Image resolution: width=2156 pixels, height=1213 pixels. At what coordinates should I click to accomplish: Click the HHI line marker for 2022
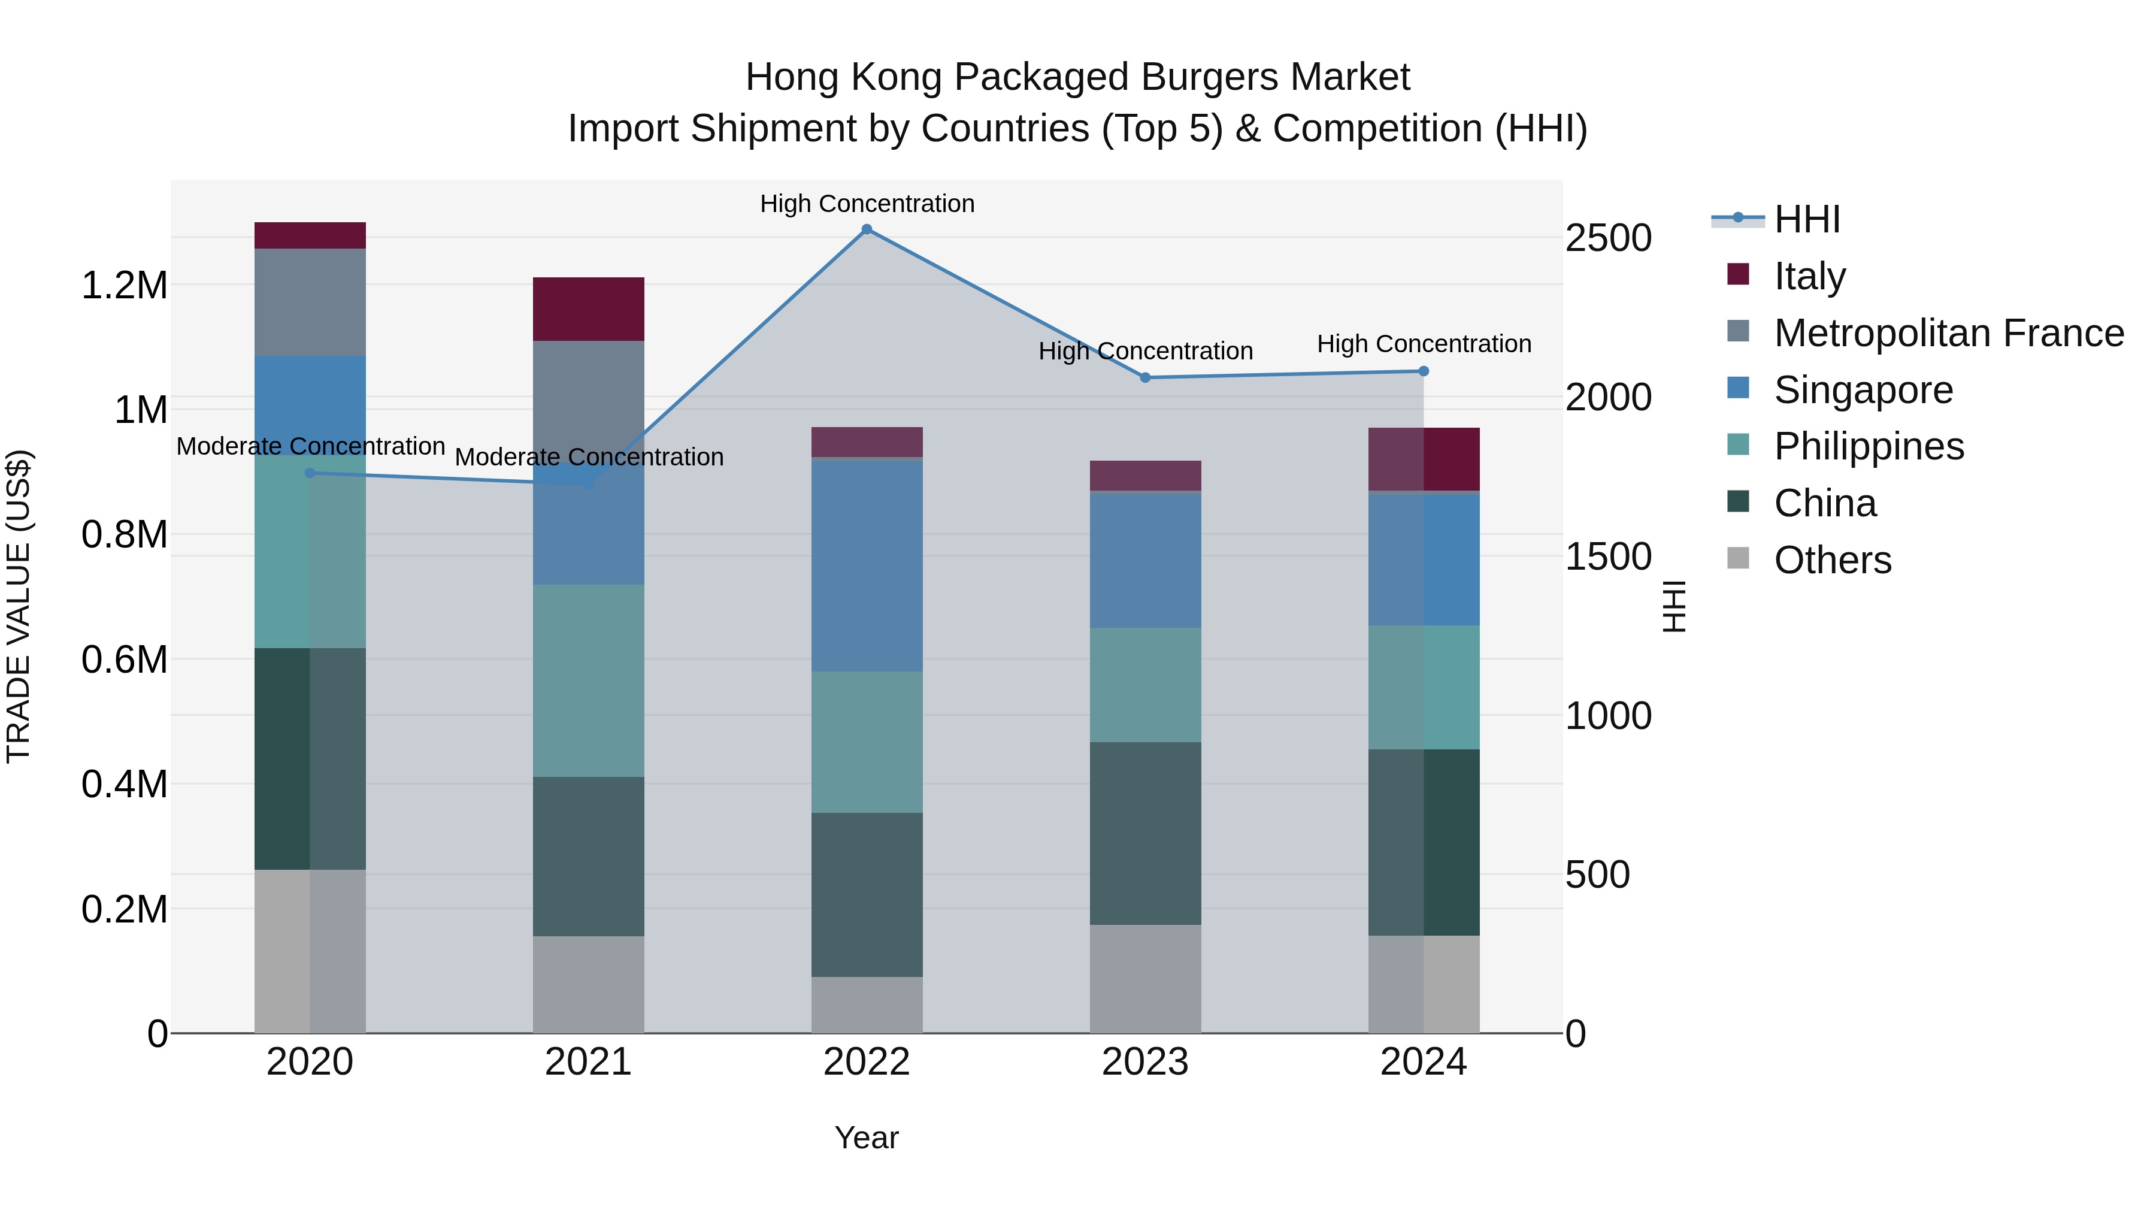click(867, 229)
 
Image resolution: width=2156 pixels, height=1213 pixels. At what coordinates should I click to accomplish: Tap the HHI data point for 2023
click(1146, 377)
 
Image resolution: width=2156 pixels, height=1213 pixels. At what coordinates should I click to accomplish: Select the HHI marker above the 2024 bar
click(1424, 371)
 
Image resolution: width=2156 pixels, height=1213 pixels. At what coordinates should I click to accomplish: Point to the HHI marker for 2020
click(310, 473)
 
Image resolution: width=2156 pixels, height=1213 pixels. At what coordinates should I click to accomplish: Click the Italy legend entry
click(1808, 276)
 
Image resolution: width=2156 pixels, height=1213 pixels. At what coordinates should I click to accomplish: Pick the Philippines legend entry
click(1868, 446)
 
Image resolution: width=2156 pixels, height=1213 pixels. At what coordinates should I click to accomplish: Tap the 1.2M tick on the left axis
click(124, 286)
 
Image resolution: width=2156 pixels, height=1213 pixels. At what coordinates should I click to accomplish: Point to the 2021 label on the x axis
click(588, 1062)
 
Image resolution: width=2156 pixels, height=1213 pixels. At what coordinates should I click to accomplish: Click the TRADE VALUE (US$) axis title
click(19, 606)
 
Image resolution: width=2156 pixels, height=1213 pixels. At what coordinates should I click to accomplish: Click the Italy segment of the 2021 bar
click(588, 309)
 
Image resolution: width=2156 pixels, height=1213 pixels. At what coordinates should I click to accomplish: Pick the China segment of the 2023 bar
click(1145, 833)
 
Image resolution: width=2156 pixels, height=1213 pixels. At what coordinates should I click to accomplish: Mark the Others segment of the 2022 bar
click(867, 1005)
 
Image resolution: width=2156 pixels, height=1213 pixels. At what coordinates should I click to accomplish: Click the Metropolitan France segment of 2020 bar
click(310, 303)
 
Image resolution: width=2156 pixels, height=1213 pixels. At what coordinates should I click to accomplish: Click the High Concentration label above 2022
click(867, 204)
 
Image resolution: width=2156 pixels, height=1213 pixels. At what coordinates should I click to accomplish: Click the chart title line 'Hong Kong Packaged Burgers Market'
click(1077, 77)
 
